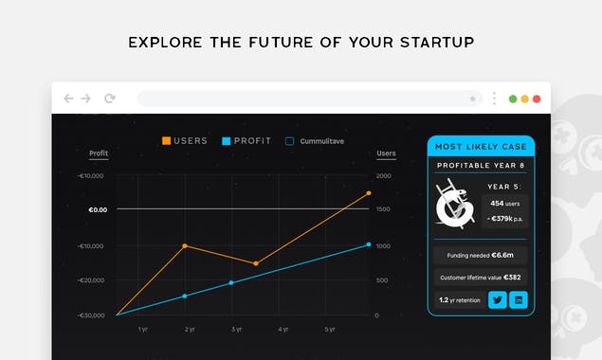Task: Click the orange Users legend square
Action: [167, 141]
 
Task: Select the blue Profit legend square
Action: [227, 141]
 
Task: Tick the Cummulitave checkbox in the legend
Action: [290, 141]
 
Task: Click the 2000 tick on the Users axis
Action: [384, 176]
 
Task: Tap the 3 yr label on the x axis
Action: [236, 330]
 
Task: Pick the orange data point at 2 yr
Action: [185, 246]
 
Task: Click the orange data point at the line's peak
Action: [369, 193]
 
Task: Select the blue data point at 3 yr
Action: [231, 283]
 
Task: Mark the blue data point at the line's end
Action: [369, 244]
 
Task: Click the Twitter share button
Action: [497, 300]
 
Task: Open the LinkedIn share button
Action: [519, 300]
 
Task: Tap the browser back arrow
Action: [68, 99]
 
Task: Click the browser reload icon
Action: [110, 99]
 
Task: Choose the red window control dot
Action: [537, 99]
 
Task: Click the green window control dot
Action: [513, 99]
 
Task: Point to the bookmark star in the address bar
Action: [473, 99]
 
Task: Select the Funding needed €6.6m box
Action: [481, 255]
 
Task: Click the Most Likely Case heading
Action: [481, 147]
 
